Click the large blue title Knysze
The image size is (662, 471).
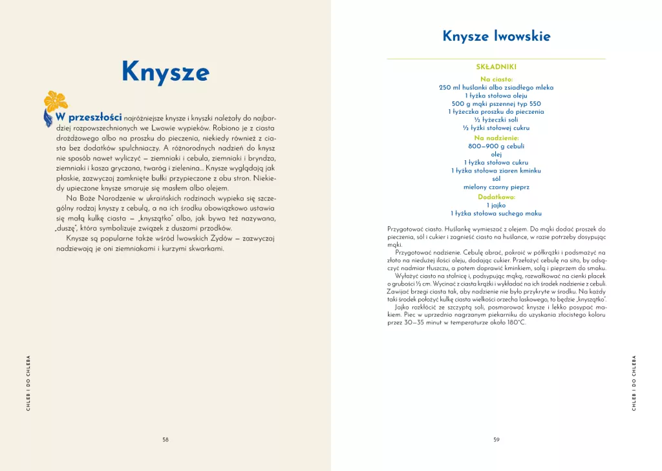pyautogui.click(x=165, y=72)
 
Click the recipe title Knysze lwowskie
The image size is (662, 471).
pyautogui.click(x=496, y=36)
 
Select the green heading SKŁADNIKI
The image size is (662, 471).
pyautogui.click(x=496, y=67)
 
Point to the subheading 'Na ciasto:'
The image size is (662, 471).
pyautogui.click(x=496, y=79)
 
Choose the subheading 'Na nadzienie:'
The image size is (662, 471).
pyautogui.click(x=496, y=138)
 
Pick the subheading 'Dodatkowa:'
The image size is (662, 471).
pyautogui.click(x=496, y=196)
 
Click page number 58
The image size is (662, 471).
pyautogui.click(x=165, y=439)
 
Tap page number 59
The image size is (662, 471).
pyautogui.click(x=496, y=439)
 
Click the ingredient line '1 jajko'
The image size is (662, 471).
pyautogui.click(x=496, y=205)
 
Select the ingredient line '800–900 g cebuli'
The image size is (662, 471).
pyautogui.click(x=496, y=147)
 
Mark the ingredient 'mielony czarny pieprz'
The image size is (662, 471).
pyautogui.click(x=496, y=187)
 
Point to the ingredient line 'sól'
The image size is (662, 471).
pyautogui.click(x=496, y=179)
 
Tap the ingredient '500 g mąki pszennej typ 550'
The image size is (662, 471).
pyautogui.click(x=496, y=103)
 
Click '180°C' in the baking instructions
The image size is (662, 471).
pyautogui.click(x=513, y=322)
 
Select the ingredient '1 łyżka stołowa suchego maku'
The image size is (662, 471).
pyautogui.click(x=496, y=213)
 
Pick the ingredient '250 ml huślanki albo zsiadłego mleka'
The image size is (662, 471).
pyautogui.click(x=496, y=87)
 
